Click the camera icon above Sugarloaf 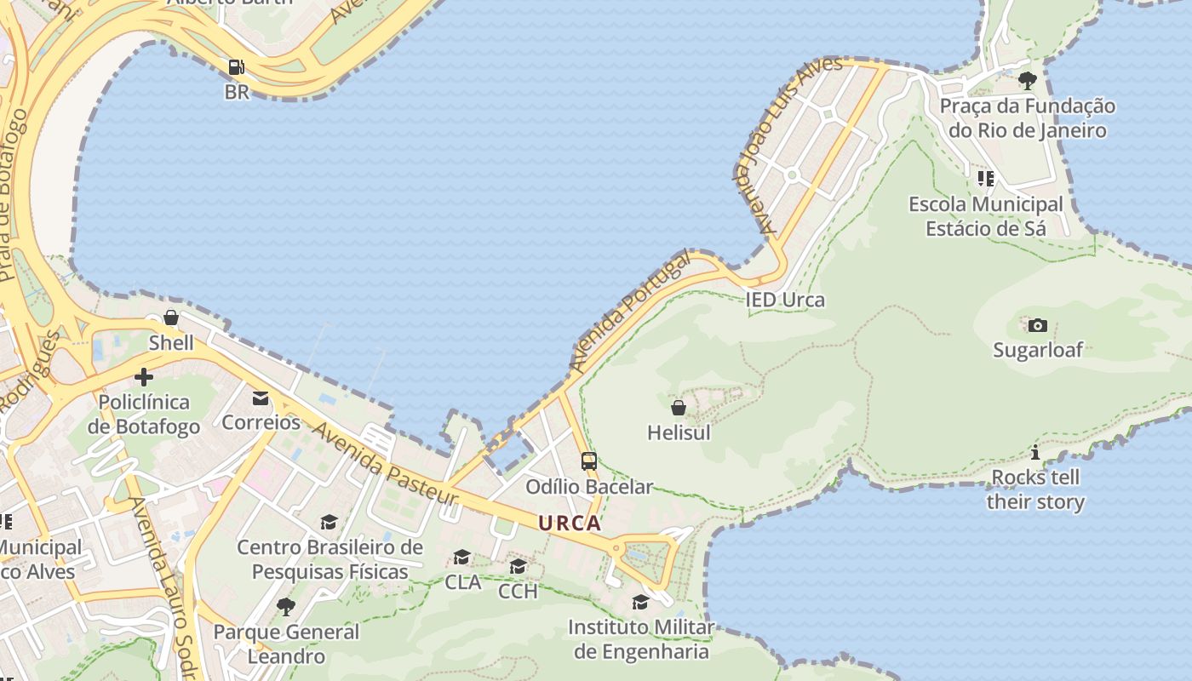[1037, 325]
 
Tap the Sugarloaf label [1037, 350]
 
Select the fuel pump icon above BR [236, 66]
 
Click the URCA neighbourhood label [570, 524]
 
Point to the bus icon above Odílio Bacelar [588, 461]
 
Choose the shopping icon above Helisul [679, 408]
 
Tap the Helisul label [679, 432]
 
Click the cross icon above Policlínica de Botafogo [144, 376]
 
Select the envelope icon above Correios [261, 398]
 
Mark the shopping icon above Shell [171, 318]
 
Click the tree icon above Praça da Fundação [1028, 81]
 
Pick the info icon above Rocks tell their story [1035, 452]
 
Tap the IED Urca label [784, 300]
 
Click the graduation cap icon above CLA [462, 558]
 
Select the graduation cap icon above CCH [518, 567]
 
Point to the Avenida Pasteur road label [385, 461]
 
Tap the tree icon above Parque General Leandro [286, 607]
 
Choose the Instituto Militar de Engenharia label [641, 639]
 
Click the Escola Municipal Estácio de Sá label [986, 216]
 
